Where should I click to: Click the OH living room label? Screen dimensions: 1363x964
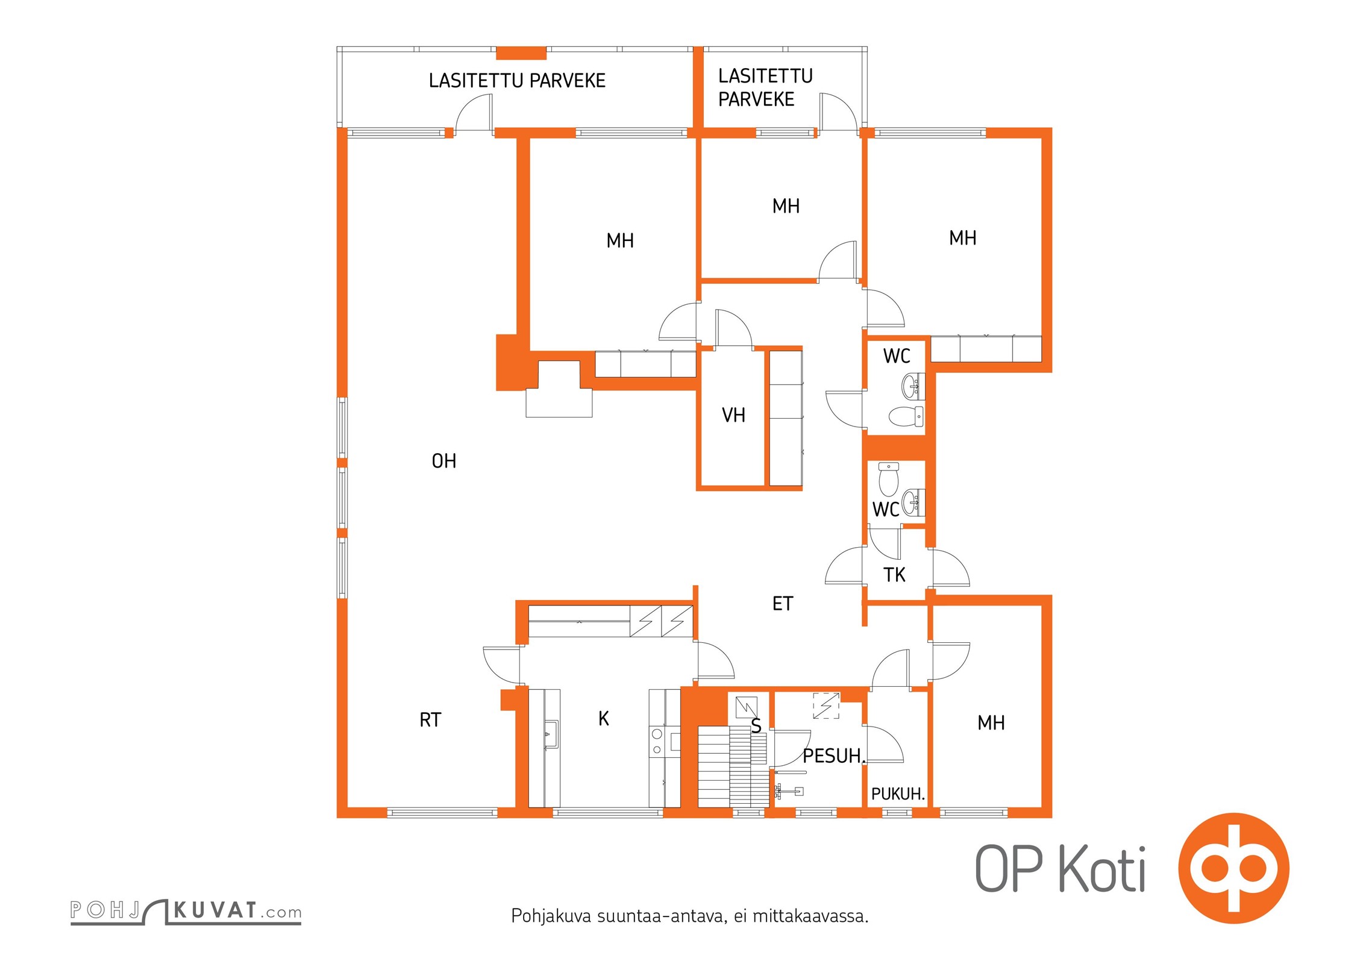[444, 462]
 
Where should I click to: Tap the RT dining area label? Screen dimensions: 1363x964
[430, 720]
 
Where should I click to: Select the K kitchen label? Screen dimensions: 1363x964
[604, 718]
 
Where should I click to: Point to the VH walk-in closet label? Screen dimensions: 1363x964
[733, 415]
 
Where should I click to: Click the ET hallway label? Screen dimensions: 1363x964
[783, 604]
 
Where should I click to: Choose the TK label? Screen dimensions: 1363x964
[895, 575]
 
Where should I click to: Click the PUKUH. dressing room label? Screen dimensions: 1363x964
[898, 794]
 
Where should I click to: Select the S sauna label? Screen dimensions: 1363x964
[756, 727]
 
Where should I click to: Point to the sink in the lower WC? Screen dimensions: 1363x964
[913, 502]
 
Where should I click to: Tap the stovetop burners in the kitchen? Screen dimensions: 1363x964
[657, 741]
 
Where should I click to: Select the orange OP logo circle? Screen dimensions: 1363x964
[1233, 868]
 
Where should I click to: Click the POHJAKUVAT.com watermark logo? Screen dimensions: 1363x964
[186, 911]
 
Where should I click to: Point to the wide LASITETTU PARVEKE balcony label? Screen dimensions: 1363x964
[517, 81]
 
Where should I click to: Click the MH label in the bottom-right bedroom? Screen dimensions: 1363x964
[991, 723]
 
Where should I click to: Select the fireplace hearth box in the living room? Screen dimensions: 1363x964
[559, 403]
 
